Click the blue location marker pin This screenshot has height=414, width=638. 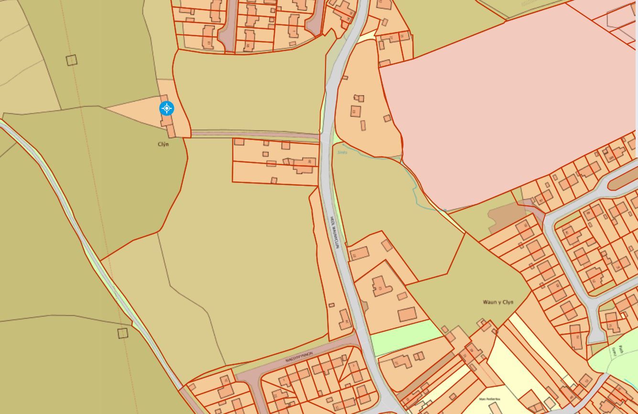pos(166,108)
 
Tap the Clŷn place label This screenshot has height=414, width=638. pos(163,144)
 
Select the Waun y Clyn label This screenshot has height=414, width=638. pos(498,302)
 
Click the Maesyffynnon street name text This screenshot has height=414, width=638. pos(299,357)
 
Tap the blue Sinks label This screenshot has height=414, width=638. pos(342,153)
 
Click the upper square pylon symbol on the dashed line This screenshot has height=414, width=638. pos(71,60)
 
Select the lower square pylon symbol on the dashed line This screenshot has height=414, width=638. pos(123,333)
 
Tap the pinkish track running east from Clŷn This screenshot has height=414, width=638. pos(253,134)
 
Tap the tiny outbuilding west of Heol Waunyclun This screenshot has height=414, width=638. pos(332,305)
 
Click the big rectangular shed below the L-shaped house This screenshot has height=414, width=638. pos(407,315)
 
